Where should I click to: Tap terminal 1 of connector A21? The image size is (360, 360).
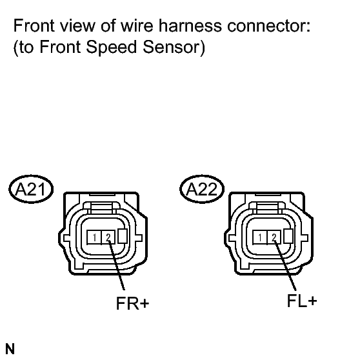tap(94, 237)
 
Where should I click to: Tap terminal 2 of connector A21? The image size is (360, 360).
tap(108, 237)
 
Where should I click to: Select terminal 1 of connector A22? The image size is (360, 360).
tap(259, 237)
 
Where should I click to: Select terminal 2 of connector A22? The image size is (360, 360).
tap(274, 237)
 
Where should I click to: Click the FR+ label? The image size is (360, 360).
tap(133, 303)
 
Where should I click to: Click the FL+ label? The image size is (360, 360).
tap(302, 301)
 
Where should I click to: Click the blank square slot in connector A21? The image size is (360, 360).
tap(123, 236)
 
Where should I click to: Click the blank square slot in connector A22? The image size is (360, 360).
tap(288, 236)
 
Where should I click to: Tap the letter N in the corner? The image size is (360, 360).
tap(10, 349)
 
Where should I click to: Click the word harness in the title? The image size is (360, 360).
tap(190, 25)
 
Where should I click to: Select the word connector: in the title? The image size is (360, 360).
tap(269, 25)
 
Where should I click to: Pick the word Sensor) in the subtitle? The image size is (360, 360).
tap(174, 47)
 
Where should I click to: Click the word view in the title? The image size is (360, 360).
tap(77, 25)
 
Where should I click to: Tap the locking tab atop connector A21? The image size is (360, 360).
tap(102, 207)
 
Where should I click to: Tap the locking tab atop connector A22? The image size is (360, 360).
tap(268, 207)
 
